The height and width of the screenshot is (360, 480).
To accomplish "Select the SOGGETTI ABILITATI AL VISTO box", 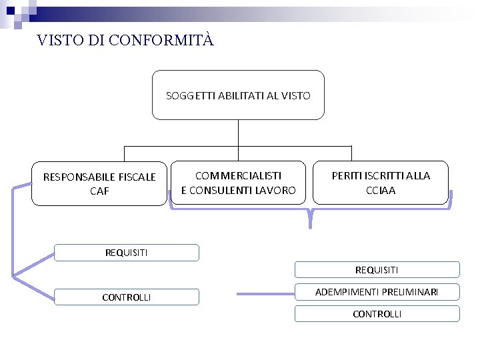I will click(x=238, y=95).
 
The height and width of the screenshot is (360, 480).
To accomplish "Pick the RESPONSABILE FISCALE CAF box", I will click(x=99, y=183).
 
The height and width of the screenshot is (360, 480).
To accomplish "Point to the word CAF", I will click(x=99, y=191).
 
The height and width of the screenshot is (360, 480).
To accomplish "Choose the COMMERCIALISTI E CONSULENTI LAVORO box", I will click(x=238, y=182).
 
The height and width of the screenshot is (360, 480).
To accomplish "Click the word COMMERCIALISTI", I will click(x=238, y=175).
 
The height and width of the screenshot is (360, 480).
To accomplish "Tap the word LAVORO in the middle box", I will click(x=274, y=190).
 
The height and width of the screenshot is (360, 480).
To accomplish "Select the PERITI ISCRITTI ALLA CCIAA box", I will click(x=381, y=182).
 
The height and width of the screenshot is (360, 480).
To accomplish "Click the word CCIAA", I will click(x=381, y=190).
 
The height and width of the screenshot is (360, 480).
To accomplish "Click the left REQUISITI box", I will click(x=127, y=253).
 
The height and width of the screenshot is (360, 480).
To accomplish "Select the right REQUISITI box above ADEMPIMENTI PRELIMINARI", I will click(x=377, y=270).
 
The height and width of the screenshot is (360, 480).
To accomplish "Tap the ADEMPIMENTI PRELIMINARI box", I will click(x=377, y=292).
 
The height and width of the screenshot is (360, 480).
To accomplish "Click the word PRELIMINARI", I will click(x=409, y=292).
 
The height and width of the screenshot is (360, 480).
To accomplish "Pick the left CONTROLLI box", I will click(x=127, y=297).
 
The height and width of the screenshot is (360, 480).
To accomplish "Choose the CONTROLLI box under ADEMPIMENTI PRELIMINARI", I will click(x=377, y=314).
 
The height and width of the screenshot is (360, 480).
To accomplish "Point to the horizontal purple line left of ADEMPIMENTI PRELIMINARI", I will click(x=265, y=293).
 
